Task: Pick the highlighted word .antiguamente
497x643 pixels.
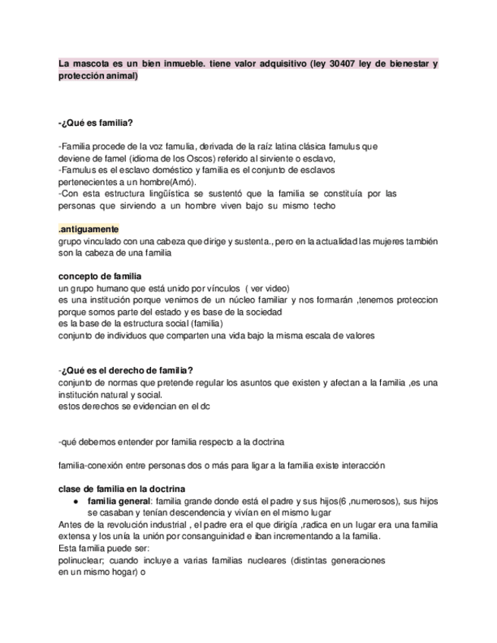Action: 88,230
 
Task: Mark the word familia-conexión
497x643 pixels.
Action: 92,465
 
